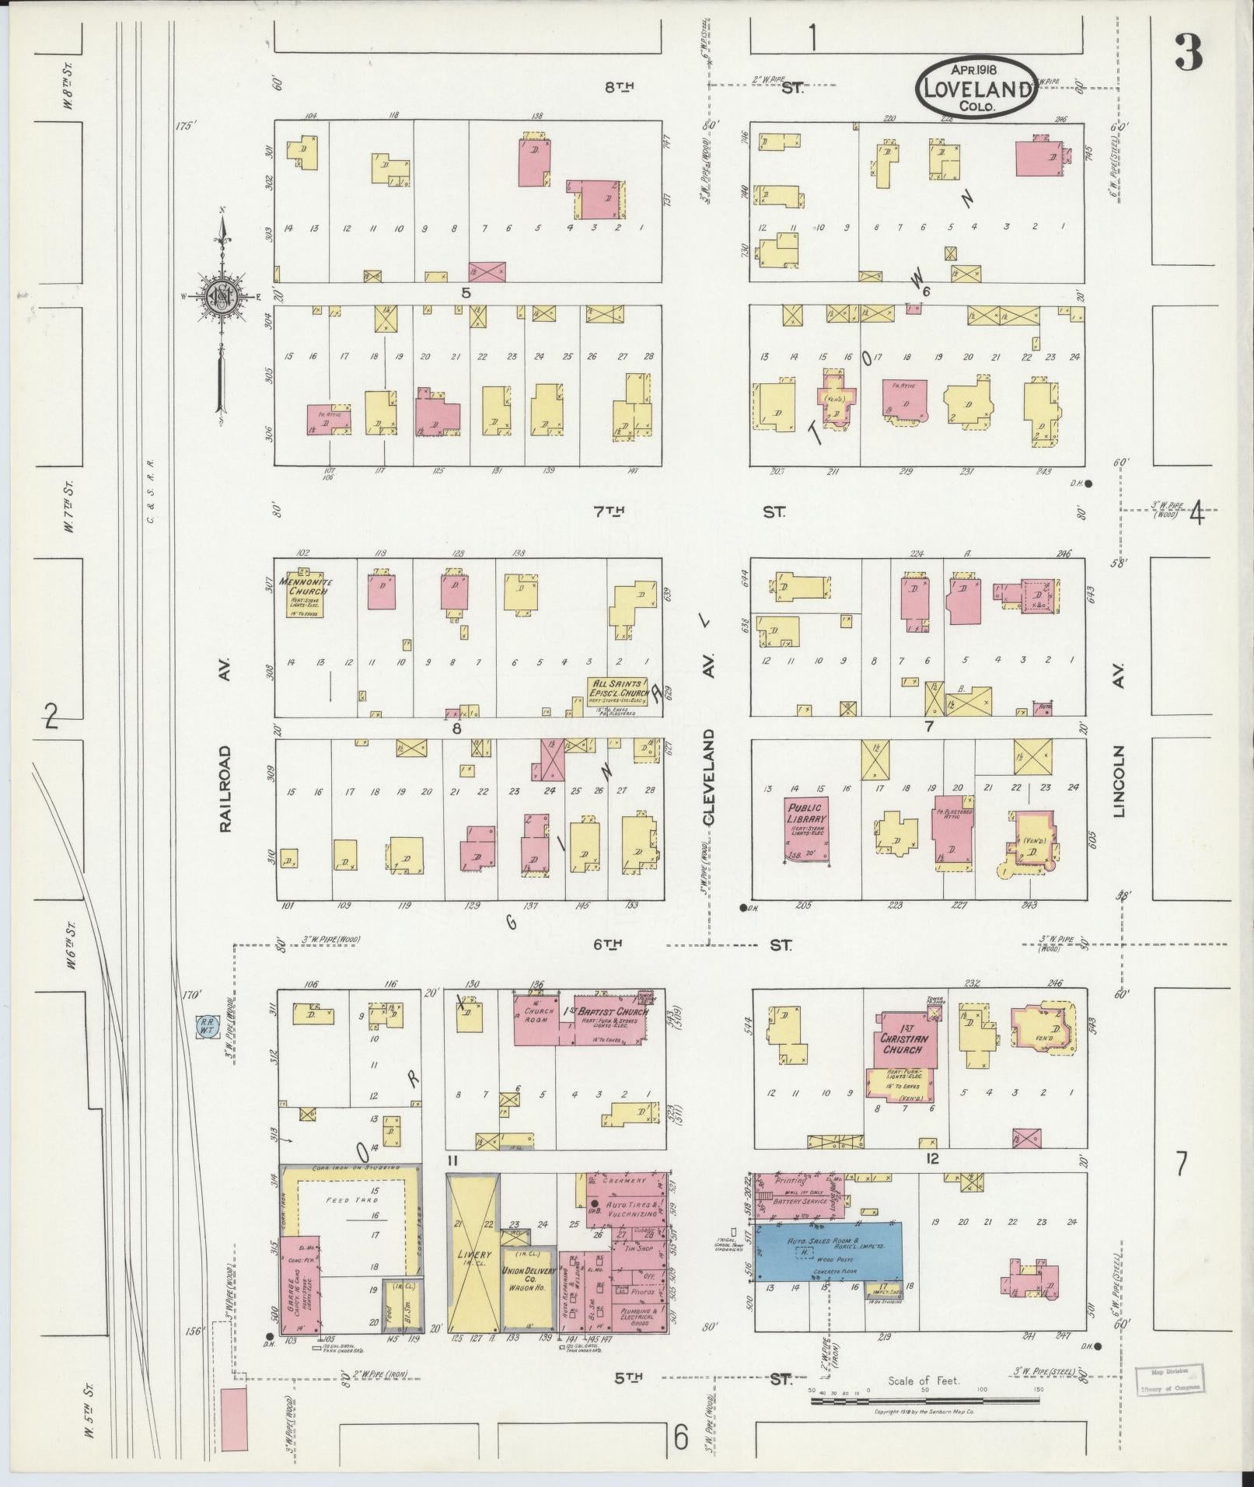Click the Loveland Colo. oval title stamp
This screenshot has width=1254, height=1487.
pyautogui.click(x=977, y=87)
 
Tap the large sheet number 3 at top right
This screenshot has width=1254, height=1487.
pyautogui.click(x=1188, y=53)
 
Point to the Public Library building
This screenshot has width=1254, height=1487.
pyautogui.click(x=805, y=829)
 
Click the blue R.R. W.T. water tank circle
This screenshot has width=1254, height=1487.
pyautogui.click(x=206, y=1025)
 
